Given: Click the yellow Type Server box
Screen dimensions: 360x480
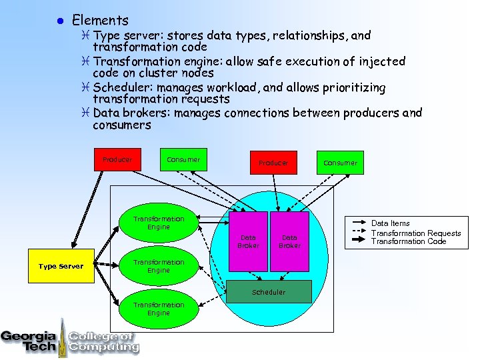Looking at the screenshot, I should click(x=61, y=266).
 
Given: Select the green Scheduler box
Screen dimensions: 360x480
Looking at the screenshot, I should click(x=269, y=292).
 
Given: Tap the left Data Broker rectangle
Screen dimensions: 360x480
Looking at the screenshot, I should click(x=249, y=241).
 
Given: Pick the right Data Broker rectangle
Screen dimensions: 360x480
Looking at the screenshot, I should click(x=289, y=241).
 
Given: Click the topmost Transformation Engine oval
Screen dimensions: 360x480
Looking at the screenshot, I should click(x=159, y=223).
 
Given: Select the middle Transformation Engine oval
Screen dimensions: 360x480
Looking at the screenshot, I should click(x=159, y=267).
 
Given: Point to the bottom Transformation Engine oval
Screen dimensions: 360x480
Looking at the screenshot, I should click(x=159, y=309).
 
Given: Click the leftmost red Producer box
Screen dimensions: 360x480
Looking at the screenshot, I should click(x=117, y=160).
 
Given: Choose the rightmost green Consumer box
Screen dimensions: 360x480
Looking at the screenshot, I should click(x=340, y=163).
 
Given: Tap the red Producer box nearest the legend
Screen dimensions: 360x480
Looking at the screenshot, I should click(x=273, y=163).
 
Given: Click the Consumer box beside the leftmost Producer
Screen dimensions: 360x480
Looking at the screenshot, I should click(x=183, y=160).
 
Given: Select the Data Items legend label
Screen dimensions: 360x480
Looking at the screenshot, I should click(x=391, y=223).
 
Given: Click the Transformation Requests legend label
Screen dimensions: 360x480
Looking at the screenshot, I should click(x=416, y=233).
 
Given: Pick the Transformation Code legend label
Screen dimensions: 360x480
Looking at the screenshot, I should click(x=408, y=241).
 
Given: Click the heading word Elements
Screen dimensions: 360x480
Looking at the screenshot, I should click(x=100, y=20).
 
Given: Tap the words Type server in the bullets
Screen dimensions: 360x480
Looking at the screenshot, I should click(x=123, y=35).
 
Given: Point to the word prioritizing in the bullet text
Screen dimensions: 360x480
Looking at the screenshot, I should click(x=349, y=87).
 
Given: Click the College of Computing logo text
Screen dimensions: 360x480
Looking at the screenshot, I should click(x=103, y=341).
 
